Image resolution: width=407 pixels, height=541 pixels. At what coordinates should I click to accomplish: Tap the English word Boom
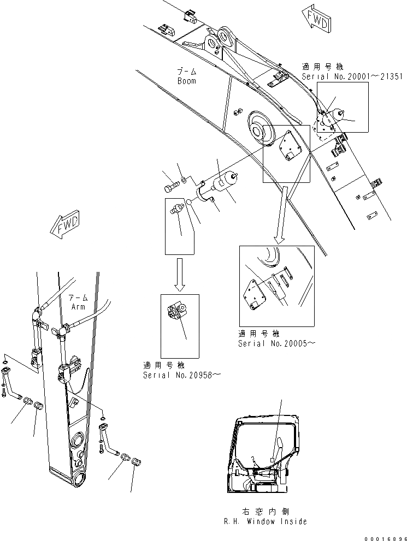click(x=186, y=81)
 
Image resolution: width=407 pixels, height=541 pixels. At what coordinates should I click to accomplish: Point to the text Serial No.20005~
click(x=276, y=343)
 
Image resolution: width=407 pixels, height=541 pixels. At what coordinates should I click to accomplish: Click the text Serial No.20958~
click(x=182, y=376)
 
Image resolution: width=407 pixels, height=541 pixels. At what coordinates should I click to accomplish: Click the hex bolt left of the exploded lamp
click(x=170, y=188)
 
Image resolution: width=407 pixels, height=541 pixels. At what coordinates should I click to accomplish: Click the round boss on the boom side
click(x=256, y=128)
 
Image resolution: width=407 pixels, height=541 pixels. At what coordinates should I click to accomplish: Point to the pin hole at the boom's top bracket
click(x=224, y=37)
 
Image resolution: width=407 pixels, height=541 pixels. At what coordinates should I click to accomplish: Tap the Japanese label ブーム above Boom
click(x=186, y=72)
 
